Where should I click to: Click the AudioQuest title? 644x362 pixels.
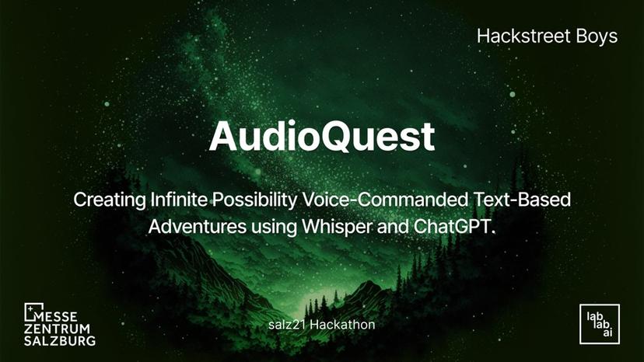(x=321, y=138)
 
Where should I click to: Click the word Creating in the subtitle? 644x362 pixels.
(x=107, y=200)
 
